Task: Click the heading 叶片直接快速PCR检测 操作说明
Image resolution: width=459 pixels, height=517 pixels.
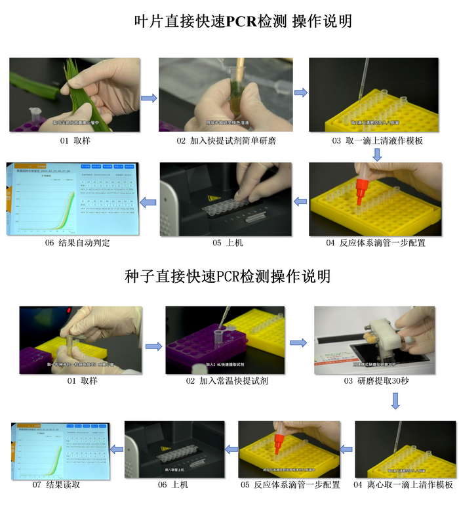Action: coord(243,21)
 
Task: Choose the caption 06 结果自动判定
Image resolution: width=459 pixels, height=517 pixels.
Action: coord(77,243)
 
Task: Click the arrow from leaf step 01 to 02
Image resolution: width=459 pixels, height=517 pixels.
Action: coord(150,98)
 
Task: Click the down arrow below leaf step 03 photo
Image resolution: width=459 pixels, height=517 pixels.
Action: coord(377,154)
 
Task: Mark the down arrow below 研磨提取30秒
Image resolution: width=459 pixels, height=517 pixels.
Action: coord(396,401)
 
